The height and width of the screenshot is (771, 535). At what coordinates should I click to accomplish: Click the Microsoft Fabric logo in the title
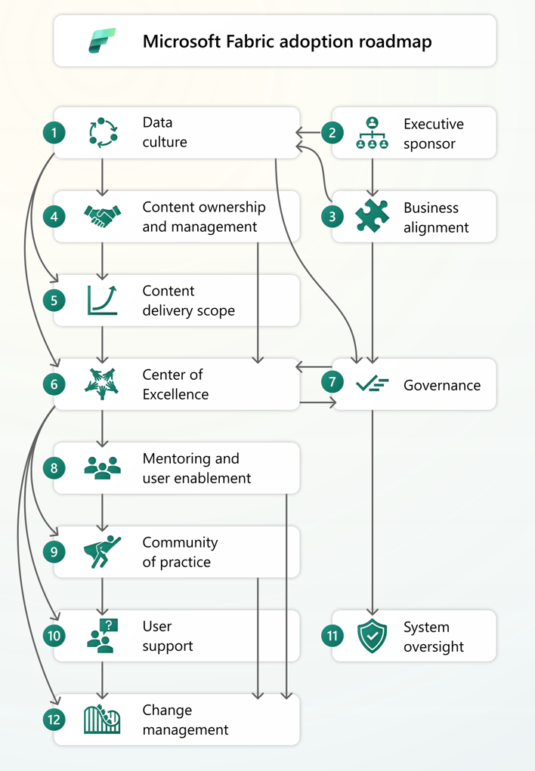[x=102, y=41]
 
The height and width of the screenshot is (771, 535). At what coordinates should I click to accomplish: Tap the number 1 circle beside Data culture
[x=54, y=133]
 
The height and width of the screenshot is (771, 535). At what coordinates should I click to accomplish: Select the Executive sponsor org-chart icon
[x=372, y=133]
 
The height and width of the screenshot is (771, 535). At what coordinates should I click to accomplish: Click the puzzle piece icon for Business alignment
[x=372, y=217]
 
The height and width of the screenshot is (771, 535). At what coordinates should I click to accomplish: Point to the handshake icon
[x=102, y=217]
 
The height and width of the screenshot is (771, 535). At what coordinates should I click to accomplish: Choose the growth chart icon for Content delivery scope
[x=102, y=300]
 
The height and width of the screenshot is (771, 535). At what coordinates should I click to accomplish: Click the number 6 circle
[x=54, y=384]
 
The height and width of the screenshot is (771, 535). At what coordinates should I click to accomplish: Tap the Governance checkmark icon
[x=372, y=384]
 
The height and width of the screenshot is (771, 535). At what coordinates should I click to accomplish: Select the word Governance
[x=441, y=385]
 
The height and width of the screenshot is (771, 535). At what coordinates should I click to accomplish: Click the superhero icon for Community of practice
[x=102, y=552]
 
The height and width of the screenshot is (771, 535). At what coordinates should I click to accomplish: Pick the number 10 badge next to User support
[x=54, y=636]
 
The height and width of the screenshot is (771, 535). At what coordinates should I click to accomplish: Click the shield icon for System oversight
[x=372, y=636]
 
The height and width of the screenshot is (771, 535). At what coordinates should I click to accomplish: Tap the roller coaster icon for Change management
[x=102, y=720]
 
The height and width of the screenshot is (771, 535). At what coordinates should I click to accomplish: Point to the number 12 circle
[x=54, y=720]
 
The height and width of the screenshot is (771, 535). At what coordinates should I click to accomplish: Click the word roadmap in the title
[x=395, y=41]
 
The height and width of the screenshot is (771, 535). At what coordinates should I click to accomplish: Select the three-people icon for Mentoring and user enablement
[x=102, y=468]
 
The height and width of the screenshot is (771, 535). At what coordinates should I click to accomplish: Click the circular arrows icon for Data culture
[x=102, y=133]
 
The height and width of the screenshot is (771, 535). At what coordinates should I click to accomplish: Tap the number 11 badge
[x=332, y=636]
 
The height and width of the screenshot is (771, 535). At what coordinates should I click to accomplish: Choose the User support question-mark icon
[x=102, y=636]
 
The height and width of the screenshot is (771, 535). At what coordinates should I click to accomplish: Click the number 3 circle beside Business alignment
[x=332, y=217]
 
